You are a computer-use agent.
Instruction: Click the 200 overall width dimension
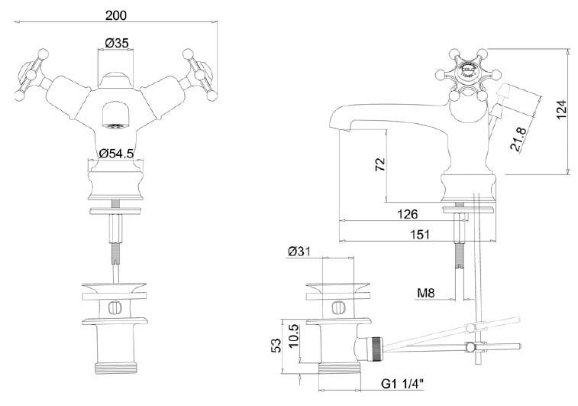[x=115, y=15]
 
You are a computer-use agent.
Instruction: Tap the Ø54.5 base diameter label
[x=115, y=153]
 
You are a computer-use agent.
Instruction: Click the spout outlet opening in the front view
[x=115, y=120]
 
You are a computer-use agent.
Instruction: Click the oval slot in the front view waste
[x=115, y=308]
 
